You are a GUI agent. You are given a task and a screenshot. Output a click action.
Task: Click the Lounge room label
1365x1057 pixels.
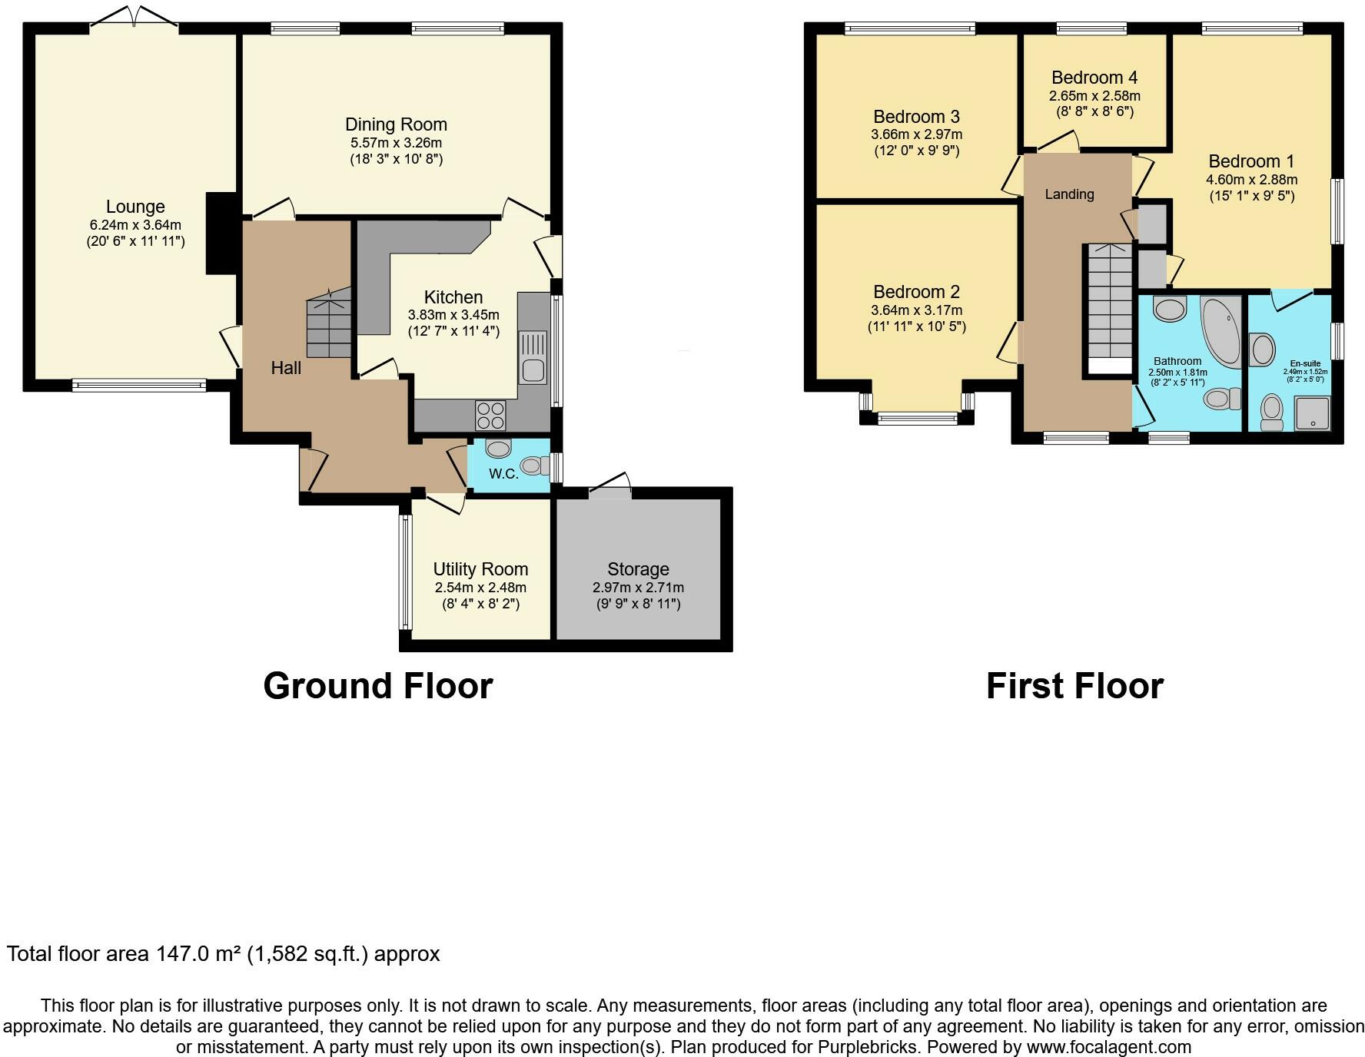click(x=135, y=207)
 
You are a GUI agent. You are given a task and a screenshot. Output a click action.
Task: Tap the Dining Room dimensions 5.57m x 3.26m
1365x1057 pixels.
click(x=396, y=143)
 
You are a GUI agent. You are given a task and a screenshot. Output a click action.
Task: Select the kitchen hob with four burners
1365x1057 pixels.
click(x=491, y=416)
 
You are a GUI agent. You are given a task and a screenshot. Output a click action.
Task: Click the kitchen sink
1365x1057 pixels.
click(x=533, y=357)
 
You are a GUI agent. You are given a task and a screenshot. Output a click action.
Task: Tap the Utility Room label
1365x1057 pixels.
click(x=480, y=569)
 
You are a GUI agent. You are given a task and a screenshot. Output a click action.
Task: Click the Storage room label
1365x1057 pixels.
click(x=638, y=569)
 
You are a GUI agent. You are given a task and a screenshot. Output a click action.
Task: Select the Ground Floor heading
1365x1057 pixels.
click(x=377, y=685)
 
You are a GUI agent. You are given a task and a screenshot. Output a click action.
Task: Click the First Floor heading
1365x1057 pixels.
click(x=1074, y=685)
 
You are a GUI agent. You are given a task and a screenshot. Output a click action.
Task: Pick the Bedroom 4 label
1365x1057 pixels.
click(x=1094, y=78)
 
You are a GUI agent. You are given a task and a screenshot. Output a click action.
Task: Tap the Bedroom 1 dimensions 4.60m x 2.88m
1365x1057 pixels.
click(x=1251, y=180)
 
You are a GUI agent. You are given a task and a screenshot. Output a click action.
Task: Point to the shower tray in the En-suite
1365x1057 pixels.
click(x=1312, y=413)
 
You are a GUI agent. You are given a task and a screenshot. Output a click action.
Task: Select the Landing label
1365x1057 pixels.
click(x=1069, y=194)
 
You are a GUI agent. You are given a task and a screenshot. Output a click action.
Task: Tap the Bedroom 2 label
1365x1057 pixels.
click(x=916, y=292)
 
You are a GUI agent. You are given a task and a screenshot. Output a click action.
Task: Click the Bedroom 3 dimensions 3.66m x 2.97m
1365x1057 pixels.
click(x=916, y=134)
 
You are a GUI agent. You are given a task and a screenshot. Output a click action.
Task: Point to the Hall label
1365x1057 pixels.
click(x=286, y=368)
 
